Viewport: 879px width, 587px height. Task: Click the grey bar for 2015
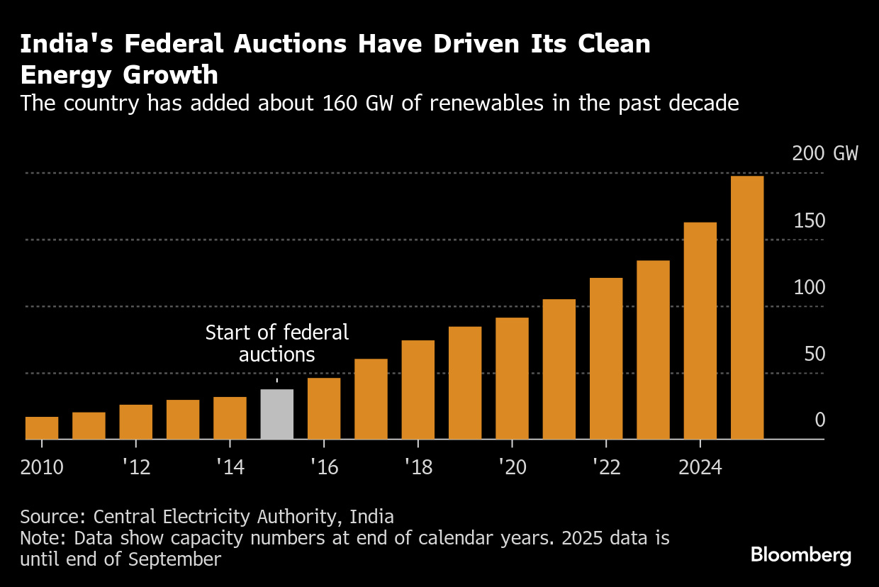276,414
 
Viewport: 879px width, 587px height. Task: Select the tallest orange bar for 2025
747,308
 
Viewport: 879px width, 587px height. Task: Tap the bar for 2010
42,427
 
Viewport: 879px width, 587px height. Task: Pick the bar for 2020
512,379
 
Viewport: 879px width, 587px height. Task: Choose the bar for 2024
700,331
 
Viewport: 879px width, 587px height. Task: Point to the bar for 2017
371,399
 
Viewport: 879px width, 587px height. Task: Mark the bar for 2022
606,359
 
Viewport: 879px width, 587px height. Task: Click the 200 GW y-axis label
824,154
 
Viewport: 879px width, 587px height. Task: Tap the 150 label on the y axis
809,221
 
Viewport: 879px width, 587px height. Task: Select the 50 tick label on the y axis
815,354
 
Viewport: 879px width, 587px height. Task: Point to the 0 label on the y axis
820,420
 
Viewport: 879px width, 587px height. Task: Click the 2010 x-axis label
42,468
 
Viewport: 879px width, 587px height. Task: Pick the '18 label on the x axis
418,468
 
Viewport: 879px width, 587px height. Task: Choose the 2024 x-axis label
700,468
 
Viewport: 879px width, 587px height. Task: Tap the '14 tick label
230,468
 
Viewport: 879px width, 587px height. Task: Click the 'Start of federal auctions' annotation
276,343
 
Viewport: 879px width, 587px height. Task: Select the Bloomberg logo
801,554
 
